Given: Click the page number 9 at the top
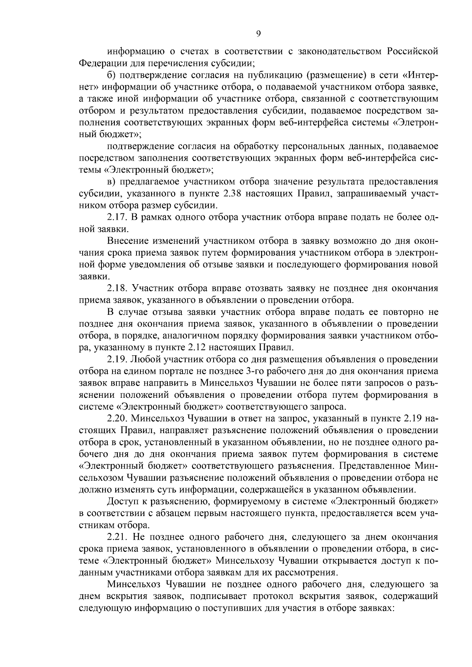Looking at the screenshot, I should click(x=258, y=34).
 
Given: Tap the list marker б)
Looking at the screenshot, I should click(x=112, y=75).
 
